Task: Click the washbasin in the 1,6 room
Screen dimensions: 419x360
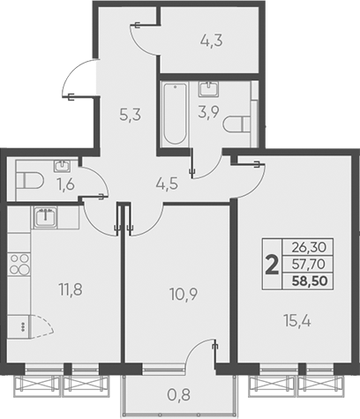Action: point(64,165)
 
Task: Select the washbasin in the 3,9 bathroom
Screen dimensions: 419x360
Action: point(209,88)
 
